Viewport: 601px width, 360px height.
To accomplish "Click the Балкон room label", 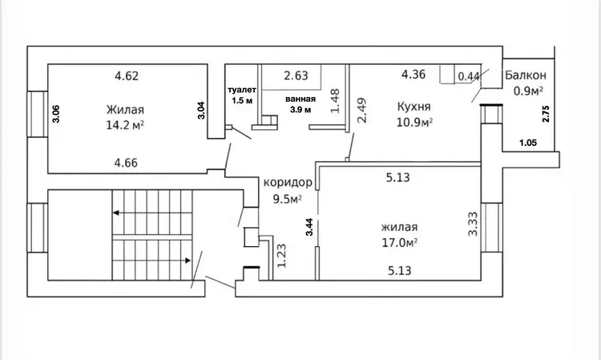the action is coord(526,75).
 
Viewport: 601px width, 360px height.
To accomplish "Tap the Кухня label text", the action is coord(414,106).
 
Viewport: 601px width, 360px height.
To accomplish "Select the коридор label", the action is coord(288,183).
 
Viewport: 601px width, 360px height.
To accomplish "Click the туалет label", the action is coord(242,90).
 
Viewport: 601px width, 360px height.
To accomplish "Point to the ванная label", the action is coord(300,99).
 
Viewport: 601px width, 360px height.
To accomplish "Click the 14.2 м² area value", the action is coord(125,125).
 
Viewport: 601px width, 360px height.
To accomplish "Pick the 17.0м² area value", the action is coord(399,243).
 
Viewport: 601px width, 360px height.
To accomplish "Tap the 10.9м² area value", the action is coord(415,123).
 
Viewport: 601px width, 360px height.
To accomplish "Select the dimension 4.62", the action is coord(127,76).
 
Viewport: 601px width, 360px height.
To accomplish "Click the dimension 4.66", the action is coord(126,163).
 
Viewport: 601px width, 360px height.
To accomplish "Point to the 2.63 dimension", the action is coord(296,75).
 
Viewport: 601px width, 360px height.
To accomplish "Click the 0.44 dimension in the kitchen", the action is coord(469,76).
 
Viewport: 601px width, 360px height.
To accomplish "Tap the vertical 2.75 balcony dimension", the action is coord(546,114).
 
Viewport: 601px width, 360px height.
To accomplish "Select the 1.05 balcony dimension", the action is coord(528,143).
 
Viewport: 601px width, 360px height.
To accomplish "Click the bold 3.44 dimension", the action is coord(309,227).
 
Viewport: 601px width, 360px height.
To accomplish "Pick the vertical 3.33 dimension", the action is coord(473,224).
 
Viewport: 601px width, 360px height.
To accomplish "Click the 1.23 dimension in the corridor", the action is coord(282,256).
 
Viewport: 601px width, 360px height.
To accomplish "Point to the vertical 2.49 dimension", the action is coord(361,111).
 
